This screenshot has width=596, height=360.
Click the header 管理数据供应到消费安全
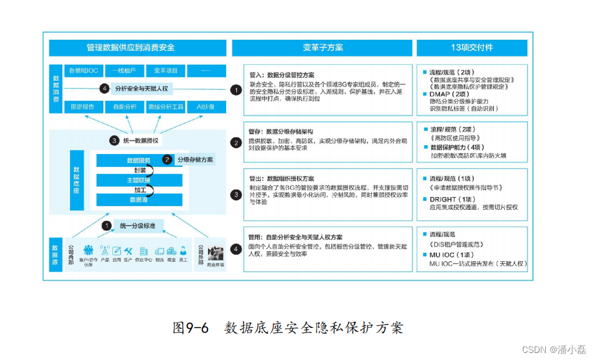pyautogui.click(x=138, y=47)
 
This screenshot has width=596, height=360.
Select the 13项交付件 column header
pyautogui.click(x=472, y=47)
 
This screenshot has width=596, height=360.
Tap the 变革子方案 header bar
pyautogui.click(x=322, y=47)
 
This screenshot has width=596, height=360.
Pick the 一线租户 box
pyautogui.click(x=125, y=70)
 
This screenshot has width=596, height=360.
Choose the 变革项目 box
pyautogui.click(x=166, y=70)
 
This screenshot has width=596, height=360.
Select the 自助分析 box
pyautogui.click(x=125, y=107)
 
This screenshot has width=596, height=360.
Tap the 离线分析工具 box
pyautogui.click(x=166, y=107)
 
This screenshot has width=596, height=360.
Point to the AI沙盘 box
pyautogui.click(x=206, y=107)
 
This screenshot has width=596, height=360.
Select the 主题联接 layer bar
pyautogui.click(x=139, y=180)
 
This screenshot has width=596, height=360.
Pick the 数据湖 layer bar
pyautogui.click(x=139, y=200)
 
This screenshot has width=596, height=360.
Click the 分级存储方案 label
pyautogui.click(x=195, y=160)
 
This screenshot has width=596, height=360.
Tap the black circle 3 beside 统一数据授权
pyautogui.click(x=114, y=141)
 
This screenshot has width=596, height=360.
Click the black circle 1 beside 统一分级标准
pyautogui.click(x=107, y=225)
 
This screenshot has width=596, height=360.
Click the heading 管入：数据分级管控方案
pyautogui.click(x=282, y=74)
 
